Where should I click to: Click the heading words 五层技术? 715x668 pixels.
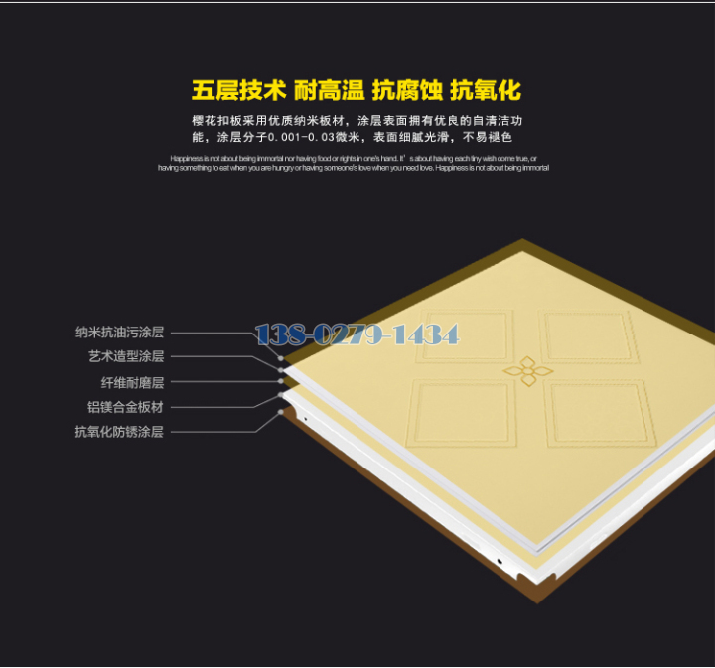click(238, 91)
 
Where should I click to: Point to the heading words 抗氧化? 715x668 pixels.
click(486, 91)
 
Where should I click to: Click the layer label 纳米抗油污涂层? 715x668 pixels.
click(119, 333)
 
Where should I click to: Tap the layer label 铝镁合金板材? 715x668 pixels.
click(126, 406)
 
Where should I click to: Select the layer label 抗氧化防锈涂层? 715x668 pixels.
click(119, 431)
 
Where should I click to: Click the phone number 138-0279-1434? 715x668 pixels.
click(357, 334)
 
